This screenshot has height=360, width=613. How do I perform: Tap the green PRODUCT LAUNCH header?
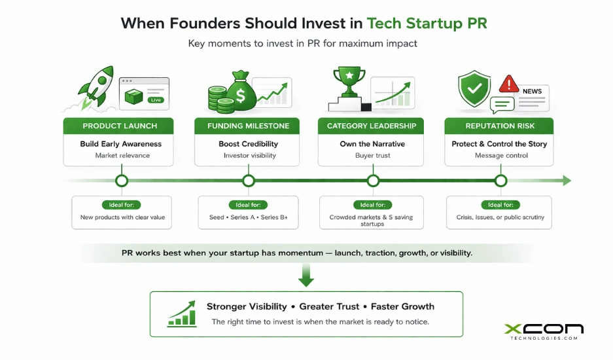118,126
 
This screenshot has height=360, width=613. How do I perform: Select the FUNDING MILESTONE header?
248,126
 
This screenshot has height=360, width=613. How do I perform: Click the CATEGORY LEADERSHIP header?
372,126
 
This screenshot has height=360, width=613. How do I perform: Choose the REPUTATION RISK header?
500,126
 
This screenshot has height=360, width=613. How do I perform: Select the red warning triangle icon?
508,84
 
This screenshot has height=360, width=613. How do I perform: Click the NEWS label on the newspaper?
531,92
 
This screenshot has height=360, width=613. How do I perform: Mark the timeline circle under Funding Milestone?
249,181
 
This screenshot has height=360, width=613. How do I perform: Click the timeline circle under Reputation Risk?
500,181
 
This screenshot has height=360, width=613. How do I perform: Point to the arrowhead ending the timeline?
566,181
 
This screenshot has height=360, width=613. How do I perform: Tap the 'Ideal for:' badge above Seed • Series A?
248,205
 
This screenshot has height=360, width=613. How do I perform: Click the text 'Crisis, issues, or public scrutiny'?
500,217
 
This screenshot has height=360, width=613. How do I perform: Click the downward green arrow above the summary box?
306,276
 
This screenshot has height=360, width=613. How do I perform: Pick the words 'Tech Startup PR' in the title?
427,24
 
